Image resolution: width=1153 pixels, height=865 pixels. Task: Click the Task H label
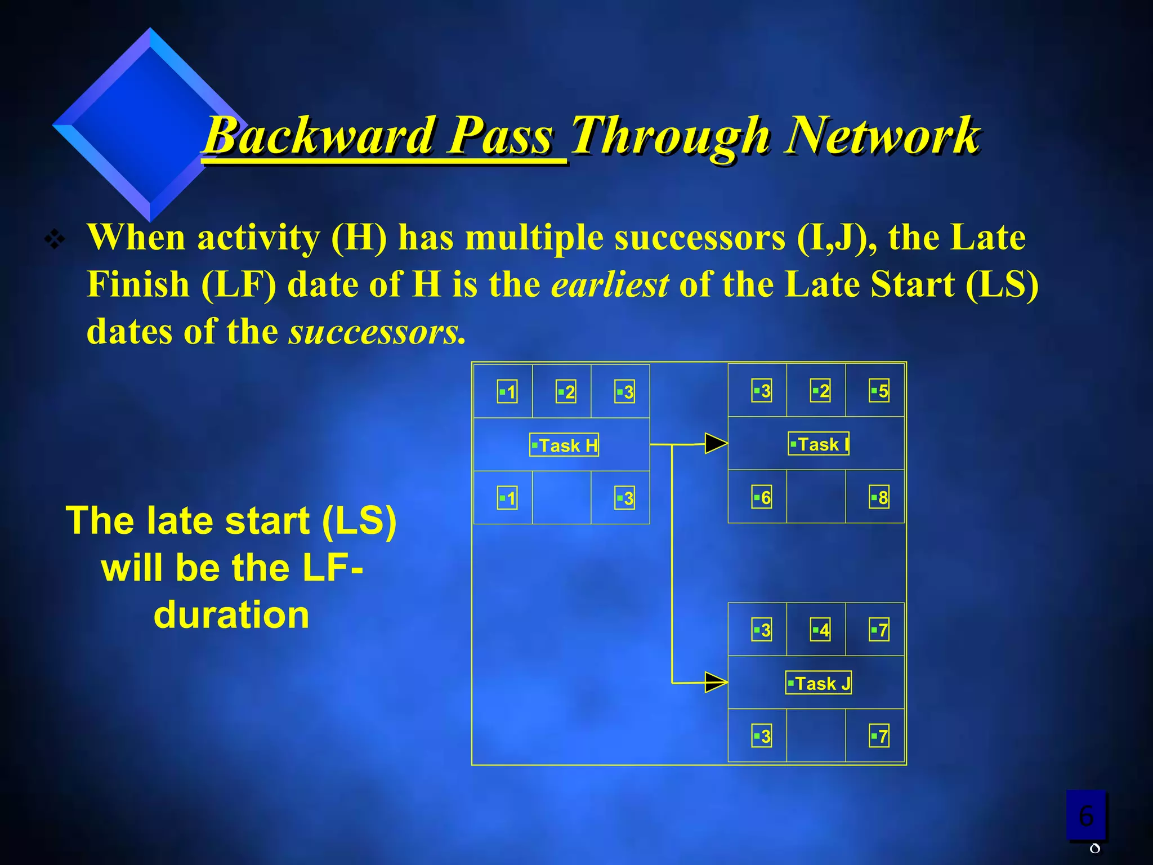click(x=564, y=445)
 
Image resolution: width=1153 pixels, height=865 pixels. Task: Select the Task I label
click(x=819, y=444)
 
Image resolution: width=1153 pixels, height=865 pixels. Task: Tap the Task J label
click(x=819, y=683)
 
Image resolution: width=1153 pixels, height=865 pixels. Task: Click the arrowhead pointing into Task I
click(x=716, y=443)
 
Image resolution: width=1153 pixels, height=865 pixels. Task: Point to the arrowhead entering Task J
click(x=716, y=683)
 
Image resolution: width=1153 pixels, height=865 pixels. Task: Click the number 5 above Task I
click(x=879, y=391)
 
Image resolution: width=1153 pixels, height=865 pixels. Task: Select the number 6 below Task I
click(x=762, y=497)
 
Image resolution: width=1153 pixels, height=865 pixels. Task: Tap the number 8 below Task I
click(x=879, y=497)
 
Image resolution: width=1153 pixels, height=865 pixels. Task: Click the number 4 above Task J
click(x=820, y=630)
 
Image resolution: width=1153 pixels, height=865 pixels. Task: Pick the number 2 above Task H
click(x=566, y=392)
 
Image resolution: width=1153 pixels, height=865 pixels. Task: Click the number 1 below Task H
click(x=507, y=498)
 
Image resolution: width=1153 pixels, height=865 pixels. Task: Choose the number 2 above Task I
click(x=820, y=391)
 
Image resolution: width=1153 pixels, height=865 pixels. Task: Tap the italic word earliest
click(x=610, y=284)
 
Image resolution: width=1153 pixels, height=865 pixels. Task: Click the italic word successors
click(x=377, y=332)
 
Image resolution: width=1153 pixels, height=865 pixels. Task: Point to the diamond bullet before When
click(x=55, y=240)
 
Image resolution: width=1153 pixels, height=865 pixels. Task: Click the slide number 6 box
click(x=1086, y=815)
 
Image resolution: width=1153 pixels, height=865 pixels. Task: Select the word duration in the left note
click(x=231, y=614)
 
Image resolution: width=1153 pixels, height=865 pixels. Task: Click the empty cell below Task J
click(x=816, y=735)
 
